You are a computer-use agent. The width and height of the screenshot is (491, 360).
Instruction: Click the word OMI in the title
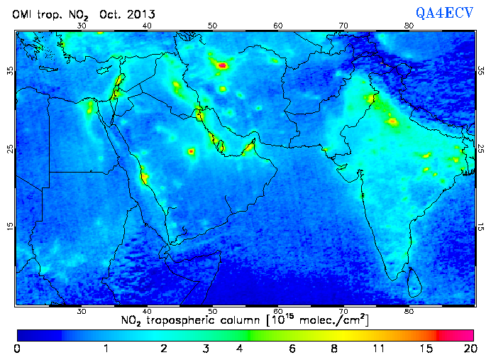tap(23, 13)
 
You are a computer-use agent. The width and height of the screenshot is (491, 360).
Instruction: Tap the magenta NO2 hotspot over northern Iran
tap(223, 65)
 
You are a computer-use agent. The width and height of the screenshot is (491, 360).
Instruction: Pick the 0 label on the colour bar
tap(17, 349)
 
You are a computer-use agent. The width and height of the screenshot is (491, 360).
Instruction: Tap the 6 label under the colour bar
tap(292, 349)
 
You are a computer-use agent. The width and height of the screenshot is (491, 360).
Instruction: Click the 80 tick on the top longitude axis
tap(409, 26)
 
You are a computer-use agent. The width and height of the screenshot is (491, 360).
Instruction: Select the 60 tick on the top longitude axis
tap(278, 26)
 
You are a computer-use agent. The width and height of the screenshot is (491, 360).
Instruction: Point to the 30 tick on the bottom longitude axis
tap(82, 311)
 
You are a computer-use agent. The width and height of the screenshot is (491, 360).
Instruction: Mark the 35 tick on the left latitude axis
tap(10, 71)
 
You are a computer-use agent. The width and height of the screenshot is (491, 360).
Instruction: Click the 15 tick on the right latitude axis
tap(482, 227)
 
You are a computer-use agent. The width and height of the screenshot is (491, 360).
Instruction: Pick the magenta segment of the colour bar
tap(459, 334)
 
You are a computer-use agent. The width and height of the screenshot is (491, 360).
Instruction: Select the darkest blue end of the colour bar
tap(25, 334)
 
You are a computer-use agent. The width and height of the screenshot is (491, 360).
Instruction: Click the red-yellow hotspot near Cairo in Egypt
tap(90, 109)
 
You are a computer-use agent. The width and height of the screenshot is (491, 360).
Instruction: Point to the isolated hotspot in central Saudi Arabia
tap(191, 151)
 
